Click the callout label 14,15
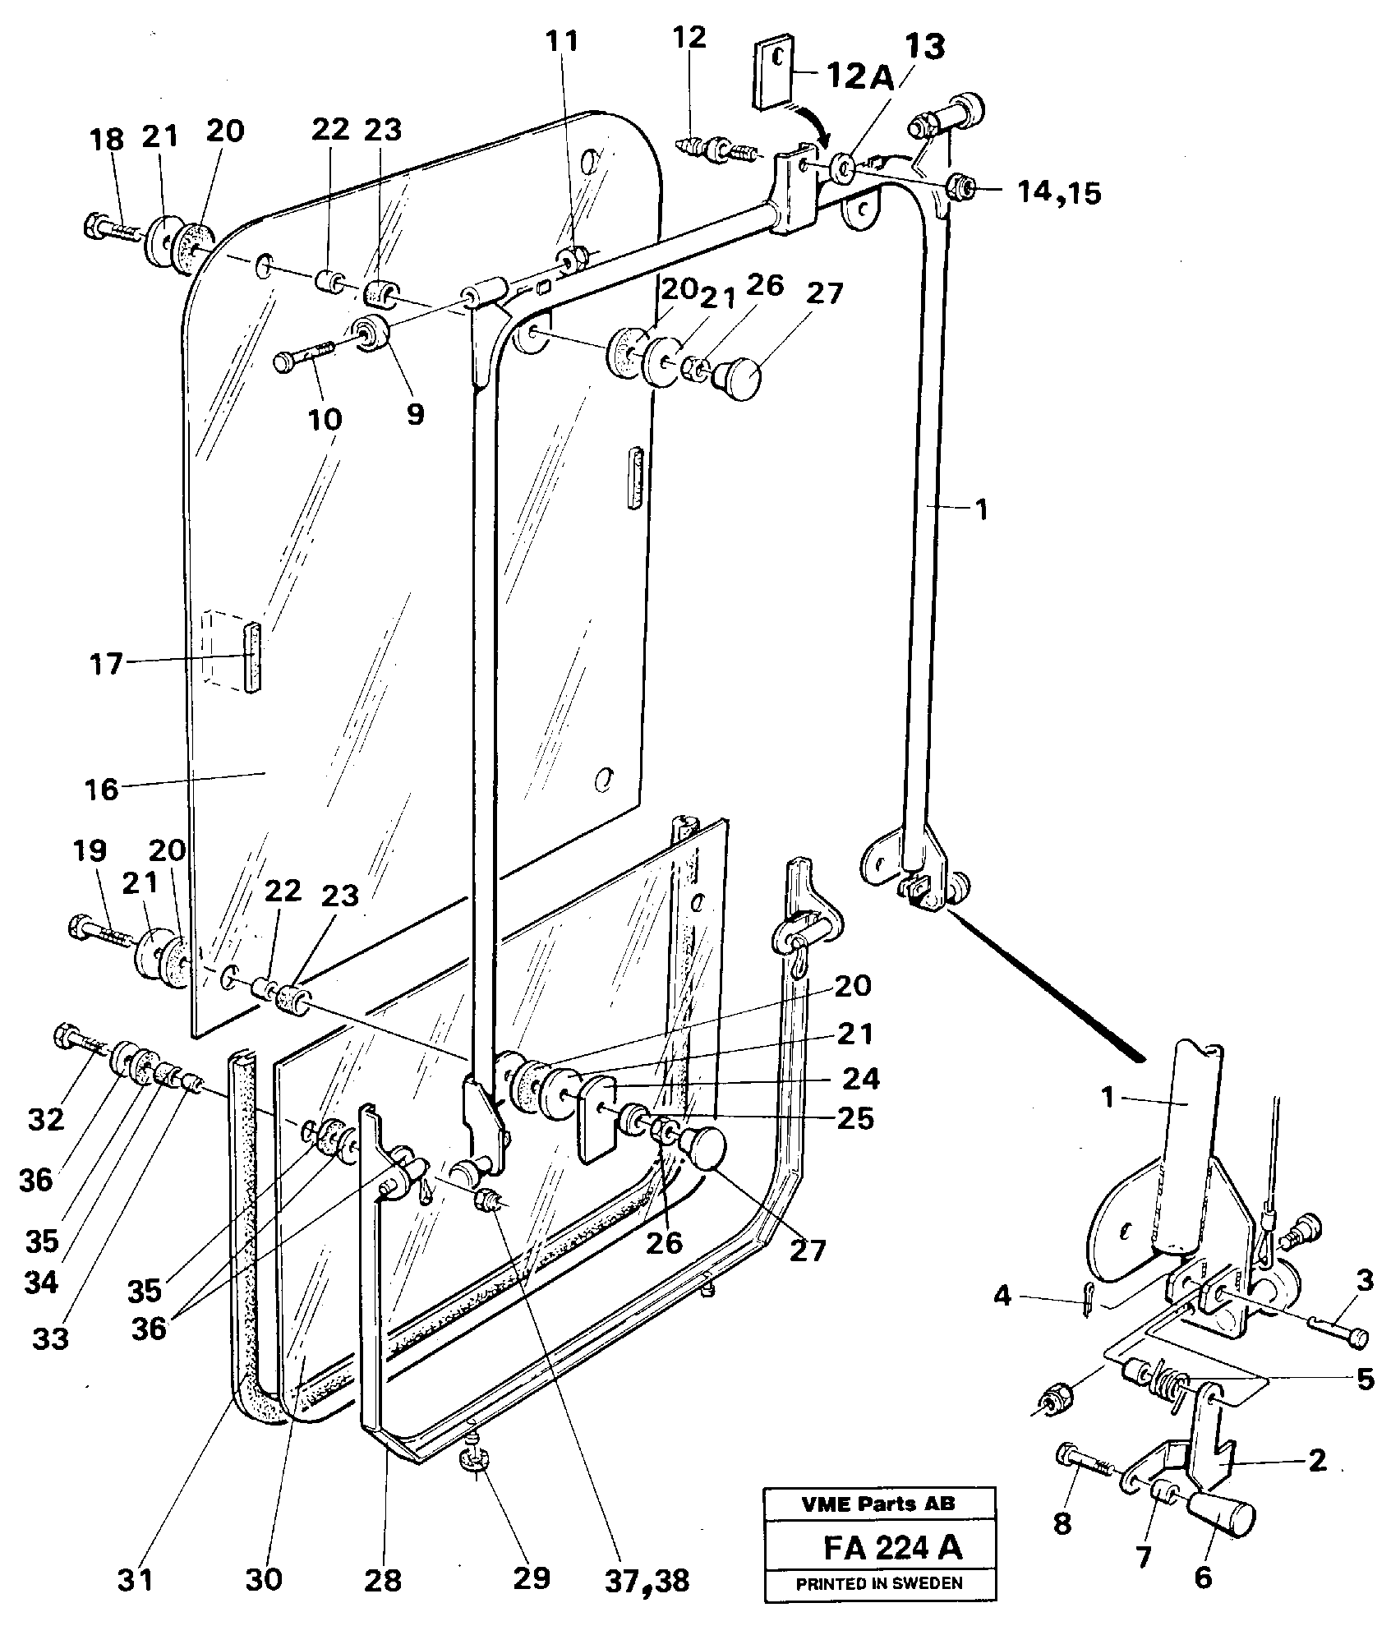(1058, 193)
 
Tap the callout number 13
(924, 49)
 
